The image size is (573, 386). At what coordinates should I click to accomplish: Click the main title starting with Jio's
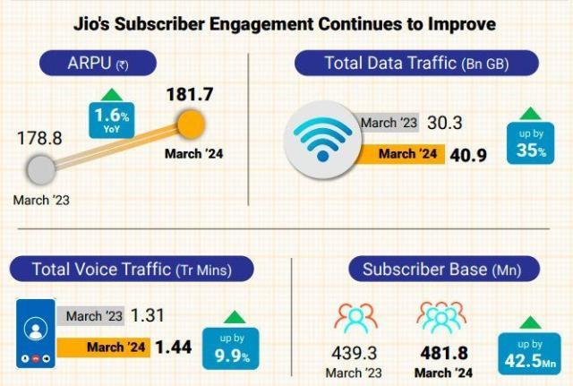(x=285, y=22)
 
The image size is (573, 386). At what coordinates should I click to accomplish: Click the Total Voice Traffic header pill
(x=131, y=268)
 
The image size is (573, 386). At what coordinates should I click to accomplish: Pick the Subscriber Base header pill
(x=439, y=268)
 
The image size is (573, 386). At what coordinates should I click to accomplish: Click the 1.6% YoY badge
(x=110, y=119)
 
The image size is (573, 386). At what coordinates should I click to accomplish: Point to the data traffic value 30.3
(x=444, y=124)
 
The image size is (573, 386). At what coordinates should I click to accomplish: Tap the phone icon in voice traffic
(x=36, y=331)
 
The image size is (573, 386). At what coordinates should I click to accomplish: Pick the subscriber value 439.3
(x=355, y=353)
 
